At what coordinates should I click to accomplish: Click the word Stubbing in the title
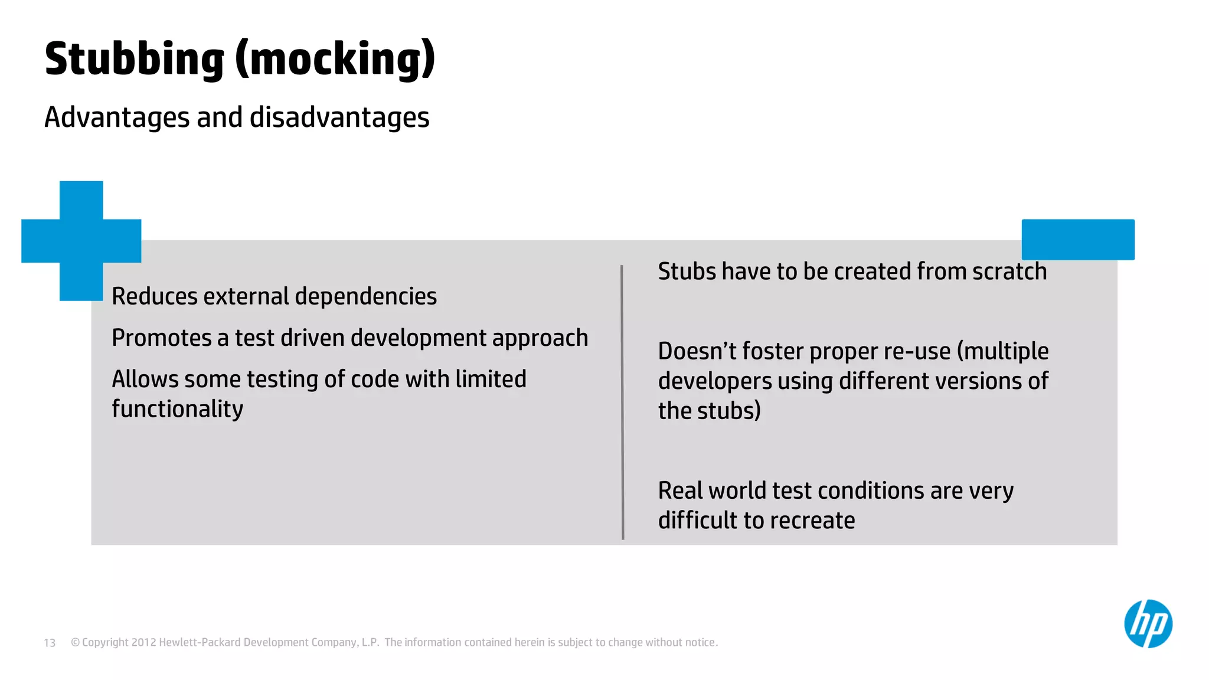135,59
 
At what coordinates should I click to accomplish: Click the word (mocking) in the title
335,59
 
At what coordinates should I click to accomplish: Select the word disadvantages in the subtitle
339,117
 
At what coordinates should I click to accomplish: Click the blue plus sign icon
81,240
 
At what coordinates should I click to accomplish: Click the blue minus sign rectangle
1078,239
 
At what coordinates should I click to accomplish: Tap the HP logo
1148,624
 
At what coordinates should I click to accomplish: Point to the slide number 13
50,643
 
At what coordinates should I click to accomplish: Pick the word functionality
177,409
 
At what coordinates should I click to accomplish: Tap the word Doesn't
697,351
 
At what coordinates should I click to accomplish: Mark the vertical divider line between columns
622,402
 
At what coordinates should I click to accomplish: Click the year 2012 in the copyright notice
143,642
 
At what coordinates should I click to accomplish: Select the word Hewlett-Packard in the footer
200,642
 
